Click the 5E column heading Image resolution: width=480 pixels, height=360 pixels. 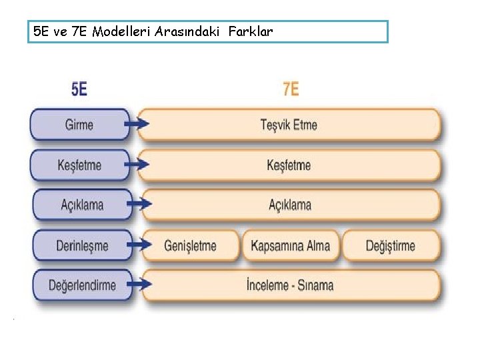pyautogui.click(x=79, y=89)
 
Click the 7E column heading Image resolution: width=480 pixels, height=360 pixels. pyautogui.click(x=291, y=89)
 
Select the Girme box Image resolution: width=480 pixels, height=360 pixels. pyautogui.click(x=79, y=125)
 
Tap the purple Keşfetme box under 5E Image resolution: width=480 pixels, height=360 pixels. pyautogui.click(x=79, y=165)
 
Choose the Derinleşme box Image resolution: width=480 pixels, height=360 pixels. pyautogui.click(x=81, y=245)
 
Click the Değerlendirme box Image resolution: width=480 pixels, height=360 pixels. pyautogui.click(x=81, y=285)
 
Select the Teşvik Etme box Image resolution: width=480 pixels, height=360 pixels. pyautogui.click(x=289, y=125)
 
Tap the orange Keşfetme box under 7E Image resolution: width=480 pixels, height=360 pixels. pyautogui.click(x=289, y=165)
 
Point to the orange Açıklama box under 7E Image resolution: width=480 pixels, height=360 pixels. pyautogui.click(x=289, y=205)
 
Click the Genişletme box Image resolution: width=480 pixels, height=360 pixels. pyautogui.click(x=190, y=245)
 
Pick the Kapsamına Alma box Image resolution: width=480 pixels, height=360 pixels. pyautogui.click(x=290, y=245)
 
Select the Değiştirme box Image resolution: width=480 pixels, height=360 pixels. pyautogui.click(x=391, y=245)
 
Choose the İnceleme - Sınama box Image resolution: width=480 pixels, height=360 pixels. pyautogui.click(x=289, y=285)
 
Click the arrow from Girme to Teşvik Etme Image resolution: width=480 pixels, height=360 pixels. pyautogui.click(x=139, y=125)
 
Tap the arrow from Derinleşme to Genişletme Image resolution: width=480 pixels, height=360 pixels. pyautogui.click(x=139, y=245)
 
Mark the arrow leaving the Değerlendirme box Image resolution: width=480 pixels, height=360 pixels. pyautogui.click(x=139, y=285)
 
